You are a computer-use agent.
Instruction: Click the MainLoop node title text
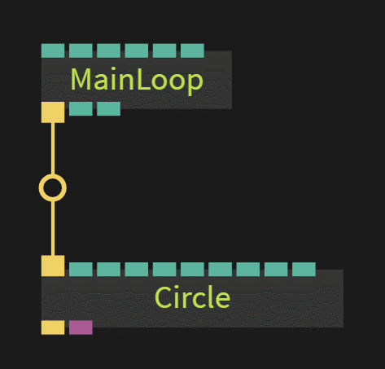click(x=137, y=80)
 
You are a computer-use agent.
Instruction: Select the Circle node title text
click(x=192, y=297)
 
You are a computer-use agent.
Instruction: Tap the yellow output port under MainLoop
click(x=53, y=112)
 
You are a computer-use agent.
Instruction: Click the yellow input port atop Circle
click(x=53, y=266)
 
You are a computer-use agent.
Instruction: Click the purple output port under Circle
click(x=81, y=327)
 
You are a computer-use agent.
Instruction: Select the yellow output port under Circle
click(x=53, y=327)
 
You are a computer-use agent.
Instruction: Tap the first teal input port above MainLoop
click(x=53, y=51)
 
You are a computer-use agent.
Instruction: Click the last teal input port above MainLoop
click(x=192, y=51)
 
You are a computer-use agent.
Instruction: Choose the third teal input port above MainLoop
click(x=108, y=51)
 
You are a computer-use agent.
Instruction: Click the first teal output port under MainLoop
click(x=81, y=108)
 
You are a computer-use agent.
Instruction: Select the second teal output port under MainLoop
click(x=108, y=108)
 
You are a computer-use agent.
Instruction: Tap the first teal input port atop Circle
click(x=81, y=270)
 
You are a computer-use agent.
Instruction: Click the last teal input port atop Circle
click(x=304, y=270)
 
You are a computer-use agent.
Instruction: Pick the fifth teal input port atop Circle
click(x=192, y=270)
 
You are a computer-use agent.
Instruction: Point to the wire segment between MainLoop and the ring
click(x=53, y=148)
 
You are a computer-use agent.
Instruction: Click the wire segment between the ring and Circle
click(x=53, y=228)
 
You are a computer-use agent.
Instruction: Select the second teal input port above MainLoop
click(x=81, y=51)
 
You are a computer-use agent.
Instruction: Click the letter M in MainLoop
click(x=81, y=79)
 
